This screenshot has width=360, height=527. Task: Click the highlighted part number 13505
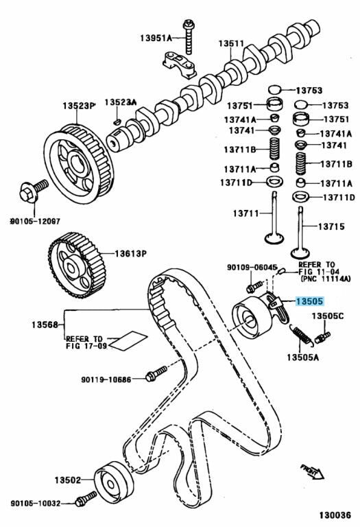point(309,301)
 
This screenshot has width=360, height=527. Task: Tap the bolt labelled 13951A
point(188,37)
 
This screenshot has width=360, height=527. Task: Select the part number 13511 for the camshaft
point(231,43)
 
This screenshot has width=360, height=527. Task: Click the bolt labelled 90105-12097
point(34,191)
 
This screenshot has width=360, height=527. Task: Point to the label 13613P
point(131,253)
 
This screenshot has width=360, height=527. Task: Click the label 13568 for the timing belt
point(45,325)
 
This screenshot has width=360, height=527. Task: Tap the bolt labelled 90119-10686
point(156,373)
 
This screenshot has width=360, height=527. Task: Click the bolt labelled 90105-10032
point(85,499)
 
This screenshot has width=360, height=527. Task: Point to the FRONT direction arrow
point(312,471)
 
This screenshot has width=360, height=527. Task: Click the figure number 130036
point(335,515)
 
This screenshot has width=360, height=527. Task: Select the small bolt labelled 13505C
point(323,337)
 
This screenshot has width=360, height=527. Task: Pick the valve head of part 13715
point(300,253)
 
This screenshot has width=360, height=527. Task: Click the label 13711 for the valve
point(246,213)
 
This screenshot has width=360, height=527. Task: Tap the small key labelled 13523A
point(117,121)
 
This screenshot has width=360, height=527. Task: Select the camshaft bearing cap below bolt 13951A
point(180,65)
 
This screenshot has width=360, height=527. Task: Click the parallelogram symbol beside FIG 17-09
point(128,341)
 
